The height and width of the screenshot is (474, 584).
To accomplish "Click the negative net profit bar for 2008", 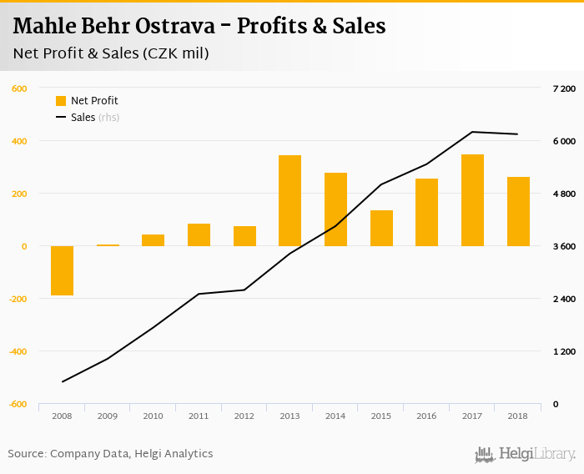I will pyautogui.click(x=62, y=270).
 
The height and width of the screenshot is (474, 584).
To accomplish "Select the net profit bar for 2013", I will pyautogui.click(x=289, y=200).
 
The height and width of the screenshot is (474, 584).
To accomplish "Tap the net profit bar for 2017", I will pyautogui.click(x=472, y=200).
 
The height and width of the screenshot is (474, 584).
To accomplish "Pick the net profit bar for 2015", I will pyautogui.click(x=381, y=228).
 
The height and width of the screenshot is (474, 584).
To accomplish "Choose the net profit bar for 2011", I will pyautogui.click(x=199, y=234).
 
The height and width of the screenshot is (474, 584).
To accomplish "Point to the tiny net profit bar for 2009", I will pyautogui.click(x=108, y=245).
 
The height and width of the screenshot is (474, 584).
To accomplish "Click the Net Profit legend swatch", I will pyautogui.click(x=61, y=101).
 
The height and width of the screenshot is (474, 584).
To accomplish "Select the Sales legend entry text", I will pyautogui.click(x=83, y=118).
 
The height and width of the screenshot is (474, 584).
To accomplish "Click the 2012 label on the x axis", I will pyautogui.click(x=244, y=416).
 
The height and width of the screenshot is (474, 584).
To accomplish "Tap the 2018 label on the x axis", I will pyautogui.click(x=517, y=416).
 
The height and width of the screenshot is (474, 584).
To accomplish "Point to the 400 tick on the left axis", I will pyautogui.click(x=18, y=141).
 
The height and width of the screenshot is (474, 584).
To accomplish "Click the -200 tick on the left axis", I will pyautogui.click(x=16, y=299).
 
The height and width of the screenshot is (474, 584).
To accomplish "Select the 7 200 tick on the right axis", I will pyautogui.click(x=564, y=88).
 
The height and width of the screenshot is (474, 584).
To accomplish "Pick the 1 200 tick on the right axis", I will pyautogui.click(x=564, y=351).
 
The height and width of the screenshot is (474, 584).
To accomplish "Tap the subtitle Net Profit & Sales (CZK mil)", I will pyautogui.click(x=111, y=53).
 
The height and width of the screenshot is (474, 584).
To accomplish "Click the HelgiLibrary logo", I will pyautogui.click(x=525, y=454).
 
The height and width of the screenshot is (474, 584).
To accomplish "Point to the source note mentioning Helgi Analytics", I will pyautogui.click(x=110, y=454).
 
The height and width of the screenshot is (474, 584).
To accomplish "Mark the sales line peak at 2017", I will pyautogui.click(x=472, y=132).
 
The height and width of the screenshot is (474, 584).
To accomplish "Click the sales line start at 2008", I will pyautogui.click(x=63, y=382).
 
